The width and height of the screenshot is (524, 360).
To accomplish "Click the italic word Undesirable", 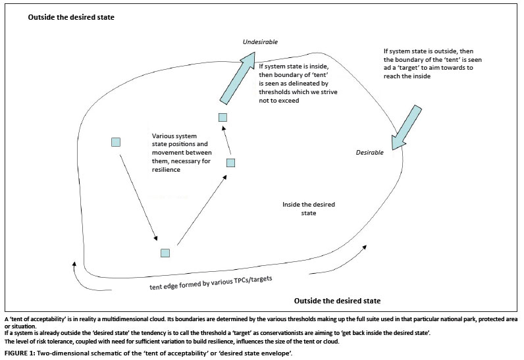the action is point(260,42).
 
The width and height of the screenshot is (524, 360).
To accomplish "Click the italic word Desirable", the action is point(369,153).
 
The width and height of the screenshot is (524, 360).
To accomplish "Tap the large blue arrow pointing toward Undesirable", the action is point(238,78).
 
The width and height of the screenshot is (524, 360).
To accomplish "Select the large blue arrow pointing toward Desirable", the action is point(406,128).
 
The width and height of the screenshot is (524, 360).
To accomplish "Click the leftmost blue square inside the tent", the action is point(116,142).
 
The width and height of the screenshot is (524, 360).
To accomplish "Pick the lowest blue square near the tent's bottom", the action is point(165,253).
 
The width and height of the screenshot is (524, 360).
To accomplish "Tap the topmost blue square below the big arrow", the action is point(223,117).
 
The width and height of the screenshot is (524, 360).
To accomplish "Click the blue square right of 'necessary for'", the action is point(230,163).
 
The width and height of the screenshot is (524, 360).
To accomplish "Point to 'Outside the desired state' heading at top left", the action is point(71,17).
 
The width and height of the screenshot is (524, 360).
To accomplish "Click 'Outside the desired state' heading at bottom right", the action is point(337,301).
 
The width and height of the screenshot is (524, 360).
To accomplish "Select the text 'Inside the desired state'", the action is point(309,209).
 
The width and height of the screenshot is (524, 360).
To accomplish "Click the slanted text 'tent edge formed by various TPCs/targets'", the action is point(211,283).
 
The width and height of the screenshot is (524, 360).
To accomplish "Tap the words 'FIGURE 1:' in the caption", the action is point(20,353).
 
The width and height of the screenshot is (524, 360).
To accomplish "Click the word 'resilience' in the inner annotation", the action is point(166,170).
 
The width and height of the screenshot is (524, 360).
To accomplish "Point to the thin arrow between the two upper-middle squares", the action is point(226,142).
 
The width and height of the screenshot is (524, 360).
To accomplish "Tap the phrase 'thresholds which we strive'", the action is point(298,92).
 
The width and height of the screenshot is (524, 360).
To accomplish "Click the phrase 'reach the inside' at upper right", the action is point(407,76).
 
